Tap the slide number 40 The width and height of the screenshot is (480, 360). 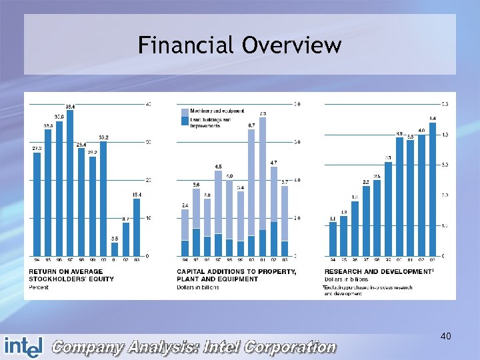coord(446,337)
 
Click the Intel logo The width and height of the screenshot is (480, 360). coord(23,346)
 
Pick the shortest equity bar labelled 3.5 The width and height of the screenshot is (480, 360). coord(115,249)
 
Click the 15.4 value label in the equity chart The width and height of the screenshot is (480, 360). coord(137,195)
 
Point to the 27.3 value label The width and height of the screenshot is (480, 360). coord(37,148)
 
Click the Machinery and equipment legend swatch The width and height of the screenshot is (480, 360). coord(184,111)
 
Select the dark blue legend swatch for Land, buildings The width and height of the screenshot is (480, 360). coord(184,121)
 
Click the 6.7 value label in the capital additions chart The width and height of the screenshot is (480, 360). coord(251,125)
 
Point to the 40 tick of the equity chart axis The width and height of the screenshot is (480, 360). coord(148,104)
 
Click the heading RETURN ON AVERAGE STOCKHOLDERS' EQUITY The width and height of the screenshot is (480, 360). coord(65,275)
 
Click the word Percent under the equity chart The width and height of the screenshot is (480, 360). coord(38,287)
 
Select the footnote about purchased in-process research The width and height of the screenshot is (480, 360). coord(367,290)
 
